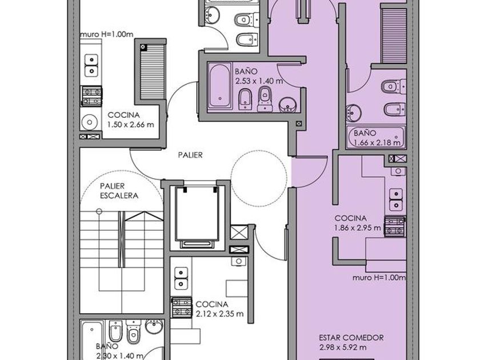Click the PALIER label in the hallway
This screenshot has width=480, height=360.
tap(190, 155)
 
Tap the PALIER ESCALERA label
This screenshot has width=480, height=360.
tap(119, 191)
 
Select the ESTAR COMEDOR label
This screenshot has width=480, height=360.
tap(351, 338)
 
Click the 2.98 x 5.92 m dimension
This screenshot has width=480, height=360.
tap(342, 347)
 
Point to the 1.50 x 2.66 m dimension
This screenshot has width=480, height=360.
tap(131, 125)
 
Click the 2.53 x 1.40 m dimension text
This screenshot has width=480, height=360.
tap(259, 81)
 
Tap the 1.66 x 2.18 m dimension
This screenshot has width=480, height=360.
tap(377, 143)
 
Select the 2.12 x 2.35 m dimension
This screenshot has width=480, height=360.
tap(219, 314)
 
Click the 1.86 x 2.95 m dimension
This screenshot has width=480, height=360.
tap(358, 228)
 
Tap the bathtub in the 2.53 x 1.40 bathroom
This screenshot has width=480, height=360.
tap(220, 85)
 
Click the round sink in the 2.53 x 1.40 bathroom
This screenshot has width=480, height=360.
tap(287, 105)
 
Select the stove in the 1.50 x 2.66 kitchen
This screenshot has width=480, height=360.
tap(91, 96)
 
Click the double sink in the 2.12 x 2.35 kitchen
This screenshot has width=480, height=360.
tap(181, 278)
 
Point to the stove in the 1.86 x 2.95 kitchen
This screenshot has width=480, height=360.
tap(395, 226)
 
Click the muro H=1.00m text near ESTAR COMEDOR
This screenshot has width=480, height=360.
tap(379, 278)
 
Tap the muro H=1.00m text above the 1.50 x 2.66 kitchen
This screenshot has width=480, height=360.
tap(106, 34)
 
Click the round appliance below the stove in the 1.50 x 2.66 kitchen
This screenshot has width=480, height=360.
tap(89, 122)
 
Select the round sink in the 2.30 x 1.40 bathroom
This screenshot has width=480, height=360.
tap(154, 326)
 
